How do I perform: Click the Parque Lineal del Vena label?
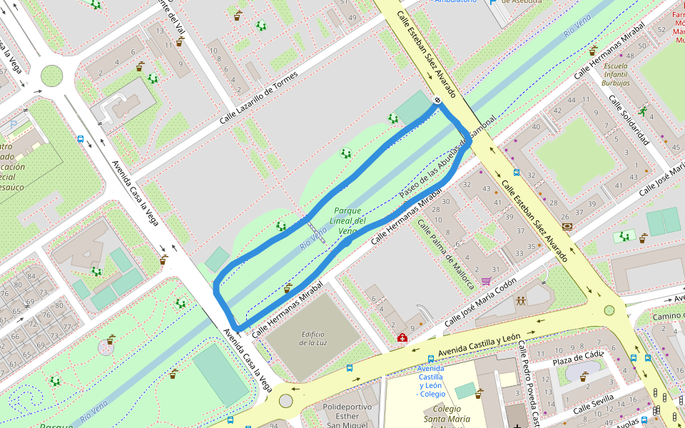click(347, 220)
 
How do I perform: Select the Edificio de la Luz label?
click(313, 338)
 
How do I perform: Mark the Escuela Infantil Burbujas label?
click(615, 74)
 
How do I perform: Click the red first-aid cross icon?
click(402, 337)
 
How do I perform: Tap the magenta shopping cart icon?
click(486, 281)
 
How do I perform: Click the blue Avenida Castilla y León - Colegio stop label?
click(431, 381)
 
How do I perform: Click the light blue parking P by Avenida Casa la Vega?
click(13, 124)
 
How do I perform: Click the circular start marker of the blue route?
click(436, 101)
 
